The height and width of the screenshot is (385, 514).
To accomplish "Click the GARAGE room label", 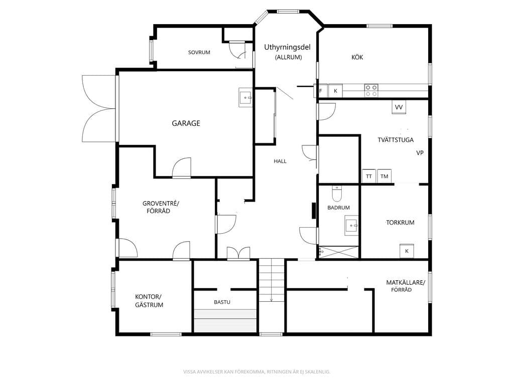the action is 186,123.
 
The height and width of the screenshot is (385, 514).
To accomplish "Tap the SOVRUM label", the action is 199,52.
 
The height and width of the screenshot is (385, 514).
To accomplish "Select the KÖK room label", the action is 357,57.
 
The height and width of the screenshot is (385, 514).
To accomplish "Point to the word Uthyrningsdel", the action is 287,48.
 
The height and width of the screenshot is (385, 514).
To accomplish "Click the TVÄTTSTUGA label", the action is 396,140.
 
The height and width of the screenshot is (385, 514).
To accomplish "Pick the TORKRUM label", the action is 400,223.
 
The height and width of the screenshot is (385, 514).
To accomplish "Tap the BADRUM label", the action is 338,208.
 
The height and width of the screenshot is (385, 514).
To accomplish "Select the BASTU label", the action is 222,302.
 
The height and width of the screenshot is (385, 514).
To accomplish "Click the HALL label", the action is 280,161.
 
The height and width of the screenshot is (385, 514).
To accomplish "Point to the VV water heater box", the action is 399,107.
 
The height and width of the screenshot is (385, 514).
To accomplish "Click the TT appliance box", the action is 369,176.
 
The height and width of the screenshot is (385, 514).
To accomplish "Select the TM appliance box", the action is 384,176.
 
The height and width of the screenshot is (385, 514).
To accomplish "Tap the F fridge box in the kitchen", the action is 321,91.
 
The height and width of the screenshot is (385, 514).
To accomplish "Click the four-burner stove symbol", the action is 371,91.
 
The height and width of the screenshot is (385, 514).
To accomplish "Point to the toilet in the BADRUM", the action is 337,194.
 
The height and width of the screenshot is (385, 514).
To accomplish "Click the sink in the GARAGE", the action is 245,98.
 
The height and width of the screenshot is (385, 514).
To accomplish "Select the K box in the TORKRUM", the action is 407,251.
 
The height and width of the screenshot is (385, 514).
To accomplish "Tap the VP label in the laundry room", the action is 420,153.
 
